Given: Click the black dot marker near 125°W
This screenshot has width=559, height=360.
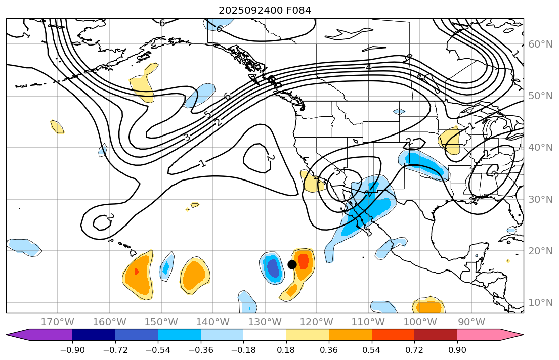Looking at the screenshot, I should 292,264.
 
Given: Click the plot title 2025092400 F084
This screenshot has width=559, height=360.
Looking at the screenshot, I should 265,10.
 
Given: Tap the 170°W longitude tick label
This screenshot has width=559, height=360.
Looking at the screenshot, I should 58,322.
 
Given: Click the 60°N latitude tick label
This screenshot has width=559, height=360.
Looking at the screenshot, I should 540,44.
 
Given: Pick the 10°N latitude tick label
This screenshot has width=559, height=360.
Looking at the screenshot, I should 540,303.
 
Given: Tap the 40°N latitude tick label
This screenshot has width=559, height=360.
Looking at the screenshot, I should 540,148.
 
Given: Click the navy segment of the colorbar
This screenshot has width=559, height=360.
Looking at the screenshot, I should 94,335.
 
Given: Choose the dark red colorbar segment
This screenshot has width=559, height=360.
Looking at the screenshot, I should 436,335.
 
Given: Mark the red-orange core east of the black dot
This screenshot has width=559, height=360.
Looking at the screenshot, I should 304,261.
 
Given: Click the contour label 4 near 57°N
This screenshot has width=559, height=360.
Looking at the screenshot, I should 368,67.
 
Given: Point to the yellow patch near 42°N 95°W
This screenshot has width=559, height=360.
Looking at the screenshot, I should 450,140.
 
